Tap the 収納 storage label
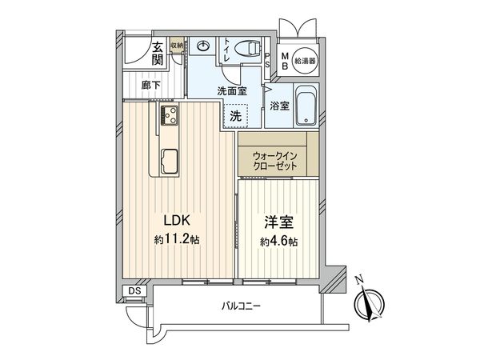coord(177,46)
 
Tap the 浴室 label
coord(279,105)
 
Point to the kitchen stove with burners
coord(169,117)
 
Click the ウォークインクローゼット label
coord(276,159)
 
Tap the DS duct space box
coord(134,290)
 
